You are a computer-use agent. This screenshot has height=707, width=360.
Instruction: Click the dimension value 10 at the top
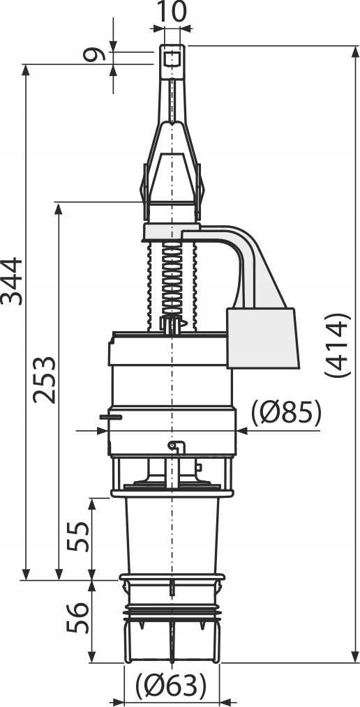172,12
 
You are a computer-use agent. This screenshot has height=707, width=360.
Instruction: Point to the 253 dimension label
45,380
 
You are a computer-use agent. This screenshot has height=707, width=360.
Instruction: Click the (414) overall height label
337,345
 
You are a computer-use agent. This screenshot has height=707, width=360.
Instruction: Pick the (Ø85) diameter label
286,413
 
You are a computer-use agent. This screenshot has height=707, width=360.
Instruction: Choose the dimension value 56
78,618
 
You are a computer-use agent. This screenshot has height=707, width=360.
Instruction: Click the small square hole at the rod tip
172,58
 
